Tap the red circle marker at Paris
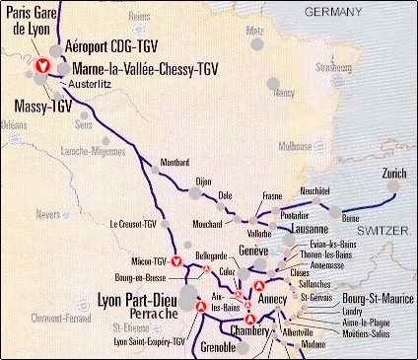42,66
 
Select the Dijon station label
204,181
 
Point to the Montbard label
174,162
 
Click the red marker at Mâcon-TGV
176,261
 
